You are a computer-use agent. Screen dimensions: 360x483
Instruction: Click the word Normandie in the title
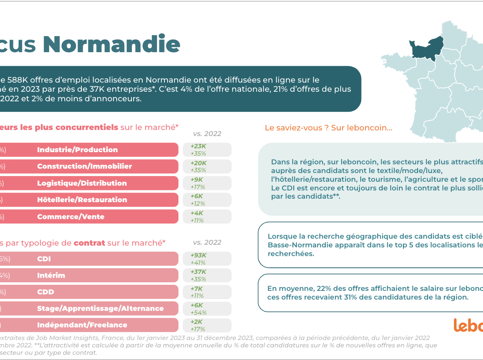111,44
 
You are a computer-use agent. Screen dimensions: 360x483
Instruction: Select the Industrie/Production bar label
77,150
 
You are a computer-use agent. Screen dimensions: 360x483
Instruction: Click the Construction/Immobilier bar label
84,166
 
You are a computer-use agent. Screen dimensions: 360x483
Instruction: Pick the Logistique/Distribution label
82,183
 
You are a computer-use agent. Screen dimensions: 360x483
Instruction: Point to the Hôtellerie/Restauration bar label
82,200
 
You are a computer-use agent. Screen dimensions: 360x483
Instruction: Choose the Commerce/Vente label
70,217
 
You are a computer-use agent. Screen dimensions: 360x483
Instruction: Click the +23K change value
198,147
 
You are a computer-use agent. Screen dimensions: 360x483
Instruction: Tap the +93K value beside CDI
198,255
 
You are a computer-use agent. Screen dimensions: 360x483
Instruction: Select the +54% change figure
198,313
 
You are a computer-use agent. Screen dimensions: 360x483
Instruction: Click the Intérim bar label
51,275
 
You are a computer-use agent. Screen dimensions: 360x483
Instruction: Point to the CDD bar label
46,292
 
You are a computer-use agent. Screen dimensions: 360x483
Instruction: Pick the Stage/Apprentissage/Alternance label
100,308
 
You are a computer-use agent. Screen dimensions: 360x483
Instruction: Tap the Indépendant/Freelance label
82,325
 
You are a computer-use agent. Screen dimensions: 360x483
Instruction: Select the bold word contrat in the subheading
89,243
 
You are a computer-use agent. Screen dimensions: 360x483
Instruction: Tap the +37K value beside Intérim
198,272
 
